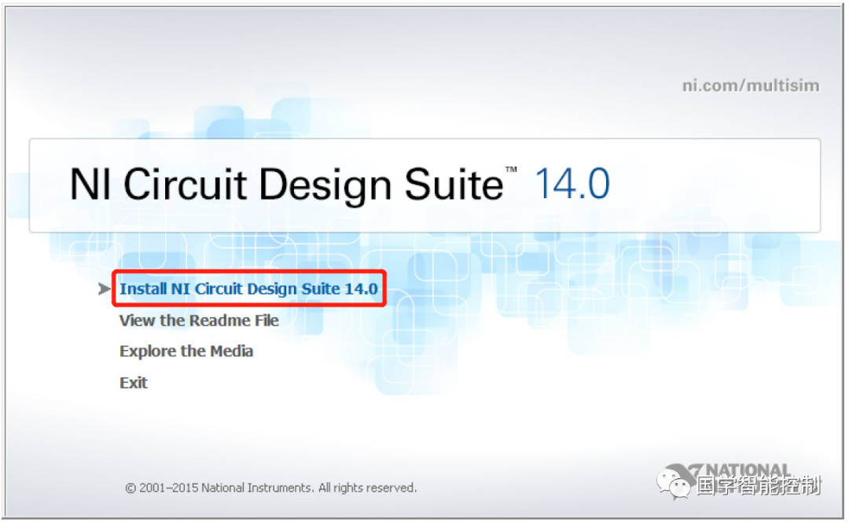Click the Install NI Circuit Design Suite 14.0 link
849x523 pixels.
point(248,289)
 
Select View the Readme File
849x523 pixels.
point(199,320)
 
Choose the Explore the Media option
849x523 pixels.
point(186,352)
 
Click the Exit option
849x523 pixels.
point(133,383)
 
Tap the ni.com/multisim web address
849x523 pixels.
point(751,86)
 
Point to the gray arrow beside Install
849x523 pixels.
point(104,289)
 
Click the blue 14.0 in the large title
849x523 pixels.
point(572,184)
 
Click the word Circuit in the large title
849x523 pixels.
point(186,184)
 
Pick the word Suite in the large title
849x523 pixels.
point(454,184)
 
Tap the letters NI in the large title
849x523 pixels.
point(90,184)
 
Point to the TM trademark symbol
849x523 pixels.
point(511,170)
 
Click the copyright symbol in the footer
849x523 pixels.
point(130,488)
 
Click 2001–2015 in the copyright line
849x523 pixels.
point(169,488)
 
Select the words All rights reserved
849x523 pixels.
point(368,488)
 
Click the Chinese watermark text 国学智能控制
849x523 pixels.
point(759,485)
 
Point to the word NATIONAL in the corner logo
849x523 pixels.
point(748,470)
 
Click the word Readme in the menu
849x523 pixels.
point(220,320)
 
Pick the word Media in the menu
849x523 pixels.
point(231,352)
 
